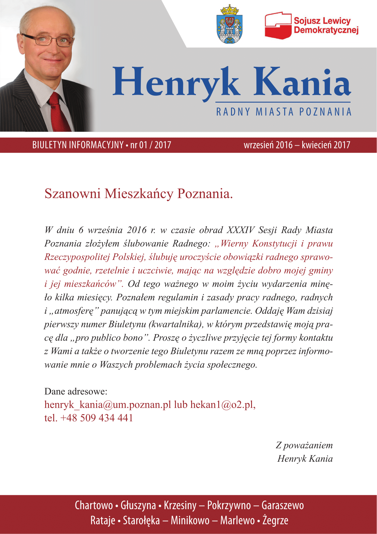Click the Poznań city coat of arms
tap(230, 25)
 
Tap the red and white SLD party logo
tap(278, 26)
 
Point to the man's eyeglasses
tap(48, 40)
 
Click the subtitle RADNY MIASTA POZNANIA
tap(284, 112)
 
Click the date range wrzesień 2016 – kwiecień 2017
tap(297, 145)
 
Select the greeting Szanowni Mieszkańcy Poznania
tap(139, 193)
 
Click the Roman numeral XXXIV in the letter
tap(240, 230)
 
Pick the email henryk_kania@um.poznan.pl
tap(108, 404)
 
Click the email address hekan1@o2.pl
tap(223, 404)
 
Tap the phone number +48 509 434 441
tap(97, 418)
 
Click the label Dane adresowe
tap(76, 391)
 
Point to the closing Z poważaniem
tap(304, 445)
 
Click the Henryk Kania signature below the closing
tap(305, 458)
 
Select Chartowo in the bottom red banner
tap(94, 505)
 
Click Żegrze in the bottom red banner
tap(275, 520)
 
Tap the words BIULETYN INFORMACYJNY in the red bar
tap(78, 145)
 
